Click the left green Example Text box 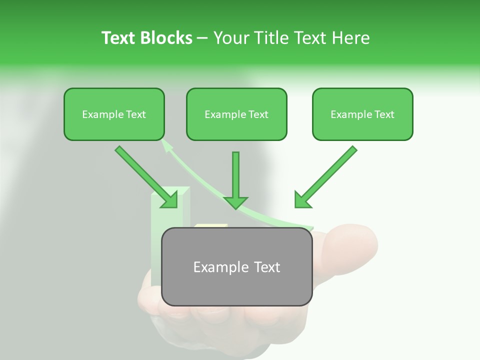coord(114,114)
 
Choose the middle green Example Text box coord(236,114)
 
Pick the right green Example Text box coord(362,114)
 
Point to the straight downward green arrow coord(235,180)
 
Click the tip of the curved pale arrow coord(165,144)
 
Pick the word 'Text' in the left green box coord(135,114)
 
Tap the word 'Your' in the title coord(231,38)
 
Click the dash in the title coord(202,38)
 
